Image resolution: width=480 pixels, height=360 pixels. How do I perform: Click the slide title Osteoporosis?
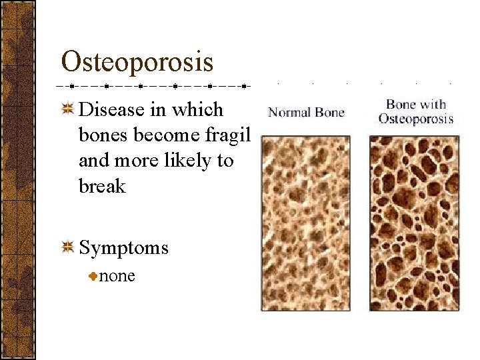pyautogui.click(x=137, y=61)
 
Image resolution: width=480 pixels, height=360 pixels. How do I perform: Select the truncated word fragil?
pyautogui.click(x=225, y=135)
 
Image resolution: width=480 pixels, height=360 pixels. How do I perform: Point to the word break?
pyautogui.click(x=102, y=186)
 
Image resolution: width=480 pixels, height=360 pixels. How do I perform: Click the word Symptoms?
pyautogui.click(x=123, y=248)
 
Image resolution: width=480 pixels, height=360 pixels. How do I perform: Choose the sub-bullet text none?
pyautogui.click(x=117, y=275)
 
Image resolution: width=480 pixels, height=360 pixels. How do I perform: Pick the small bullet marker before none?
pyautogui.click(x=94, y=276)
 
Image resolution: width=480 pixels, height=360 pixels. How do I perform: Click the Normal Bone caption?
pyautogui.click(x=306, y=112)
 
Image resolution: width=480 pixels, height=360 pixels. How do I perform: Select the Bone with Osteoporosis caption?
pyautogui.click(x=416, y=111)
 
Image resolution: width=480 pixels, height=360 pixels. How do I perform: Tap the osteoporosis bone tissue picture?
pyautogui.click(x=415, y=223)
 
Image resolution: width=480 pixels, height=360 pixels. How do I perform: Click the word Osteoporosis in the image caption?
pyautogui.click(x=416, y=119)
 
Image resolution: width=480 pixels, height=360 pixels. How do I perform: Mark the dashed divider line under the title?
pyautogui.click(x=153, y=86)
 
